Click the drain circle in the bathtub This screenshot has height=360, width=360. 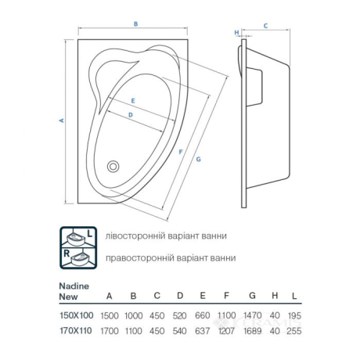(x=113, y=166)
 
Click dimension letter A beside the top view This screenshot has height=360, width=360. (x=62, y=121)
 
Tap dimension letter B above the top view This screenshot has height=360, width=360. (x=135, y=24)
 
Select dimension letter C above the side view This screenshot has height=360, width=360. (x=265, y=26)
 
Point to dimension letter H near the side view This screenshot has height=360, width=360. (x=236, y=33)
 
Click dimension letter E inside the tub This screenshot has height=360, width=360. (x=133, y=101)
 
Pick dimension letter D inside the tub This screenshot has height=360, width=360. (x=131, y=115)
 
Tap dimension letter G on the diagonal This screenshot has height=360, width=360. (x=198, y=159)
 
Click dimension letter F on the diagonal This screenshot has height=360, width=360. (x=181, y=152)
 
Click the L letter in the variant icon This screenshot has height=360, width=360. (x=90, y=234)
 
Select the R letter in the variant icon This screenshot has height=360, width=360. (x=67, y=253)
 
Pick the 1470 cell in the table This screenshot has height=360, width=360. (x=253, y=315)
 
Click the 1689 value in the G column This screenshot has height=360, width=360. (x=253, y=331)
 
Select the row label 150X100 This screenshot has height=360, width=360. (x=77, y=315)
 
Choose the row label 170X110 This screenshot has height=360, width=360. (x=76, y=331)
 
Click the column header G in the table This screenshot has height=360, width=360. (x=252, y=296)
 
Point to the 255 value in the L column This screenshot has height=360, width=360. (x=294, y=331)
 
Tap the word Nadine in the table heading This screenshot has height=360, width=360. (x=74, y=286)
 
